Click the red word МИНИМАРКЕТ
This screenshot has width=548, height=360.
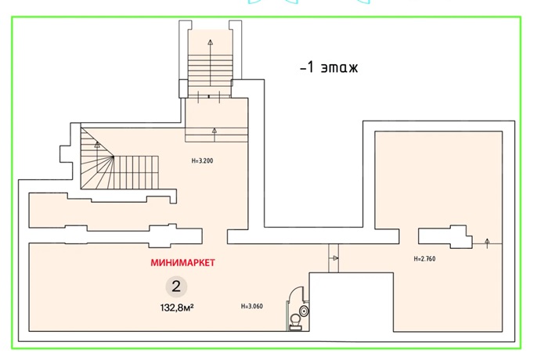[182, 262]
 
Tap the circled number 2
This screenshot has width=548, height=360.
[176, 286]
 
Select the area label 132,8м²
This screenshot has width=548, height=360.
[177, 308]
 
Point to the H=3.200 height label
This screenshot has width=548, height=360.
[202, 160]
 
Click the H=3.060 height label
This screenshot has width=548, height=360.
[252, 306]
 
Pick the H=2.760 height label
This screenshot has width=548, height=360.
[424, 258]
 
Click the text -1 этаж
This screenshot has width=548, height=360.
[329, 67]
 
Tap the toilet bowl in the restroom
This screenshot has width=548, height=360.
[296, 322]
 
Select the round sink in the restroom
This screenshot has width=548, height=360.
[305, 311]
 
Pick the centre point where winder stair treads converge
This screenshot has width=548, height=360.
[114, 157]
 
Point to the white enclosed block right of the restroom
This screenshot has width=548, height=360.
[352, 301]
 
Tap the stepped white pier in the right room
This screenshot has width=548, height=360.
[445, 236]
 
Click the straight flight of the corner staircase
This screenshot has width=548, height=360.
[136, 173]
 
